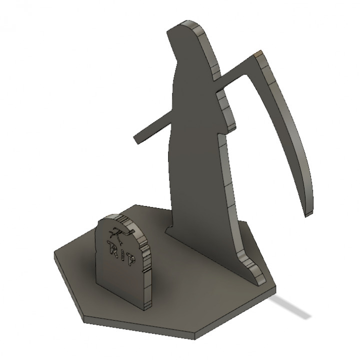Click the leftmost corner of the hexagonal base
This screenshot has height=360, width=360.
[54, 253]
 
